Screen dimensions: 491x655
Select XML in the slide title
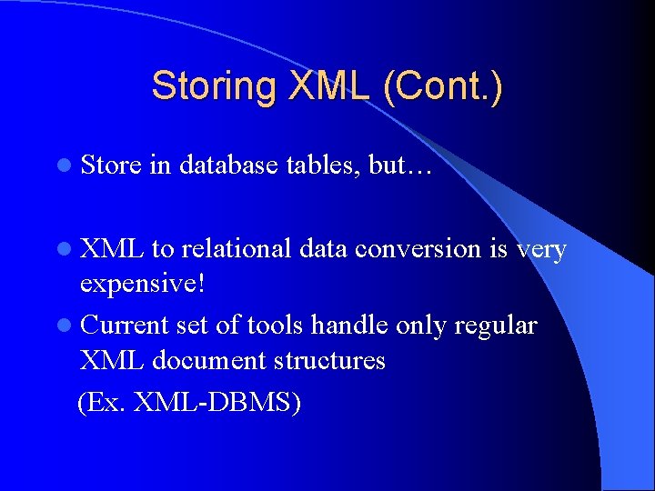click(x=328, y=86)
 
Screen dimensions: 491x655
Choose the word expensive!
click(x=144, y=285)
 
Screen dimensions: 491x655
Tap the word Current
click(x=125, y=325)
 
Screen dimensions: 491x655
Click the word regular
click(x=498, y=325)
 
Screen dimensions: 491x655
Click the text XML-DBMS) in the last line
click(x=217, y=401)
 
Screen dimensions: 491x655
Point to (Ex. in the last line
click(x=102, y=401)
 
